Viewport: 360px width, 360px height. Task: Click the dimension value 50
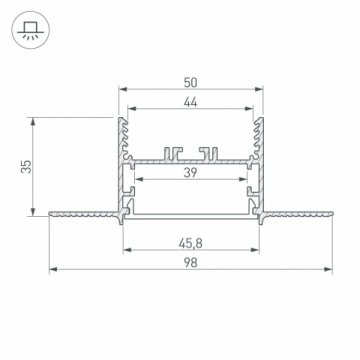191,79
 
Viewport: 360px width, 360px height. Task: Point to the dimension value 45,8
191,241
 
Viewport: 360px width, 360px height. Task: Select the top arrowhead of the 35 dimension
36,120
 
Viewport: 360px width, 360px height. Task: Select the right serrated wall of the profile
258,135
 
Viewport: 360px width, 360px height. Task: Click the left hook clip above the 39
174,153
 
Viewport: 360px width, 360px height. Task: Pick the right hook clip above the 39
209,153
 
